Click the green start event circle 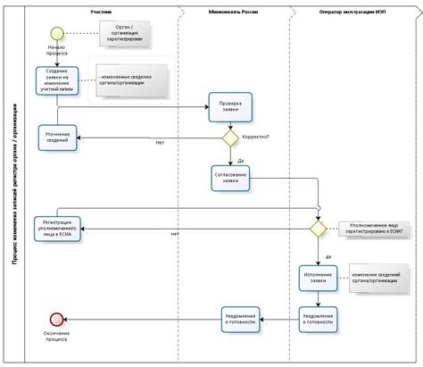click(x=58, y=34)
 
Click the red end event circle click(x=58, y=319)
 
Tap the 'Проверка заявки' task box click(x=231, y=107)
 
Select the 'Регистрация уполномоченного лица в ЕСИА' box click(x=58, y=229)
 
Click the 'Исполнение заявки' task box click(x=319, y=279)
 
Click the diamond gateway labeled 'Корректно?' click(x=230, y=138)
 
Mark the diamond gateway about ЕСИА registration click(x=319, y=229)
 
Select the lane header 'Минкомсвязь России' click(x=234, y=12)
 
